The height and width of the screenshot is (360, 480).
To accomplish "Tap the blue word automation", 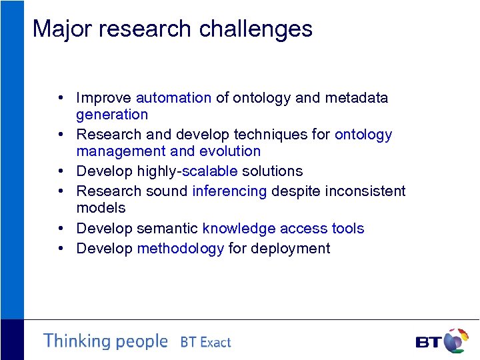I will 173,98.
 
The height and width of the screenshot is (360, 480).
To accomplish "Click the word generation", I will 112,115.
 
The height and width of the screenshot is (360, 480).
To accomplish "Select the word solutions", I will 272,171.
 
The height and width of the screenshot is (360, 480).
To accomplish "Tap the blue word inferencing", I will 229,191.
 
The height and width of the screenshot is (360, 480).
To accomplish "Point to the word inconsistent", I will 365,191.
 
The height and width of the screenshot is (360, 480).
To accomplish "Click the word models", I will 101,208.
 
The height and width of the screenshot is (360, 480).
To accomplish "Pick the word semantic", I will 167,229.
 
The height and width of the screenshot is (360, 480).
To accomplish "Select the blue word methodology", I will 180,249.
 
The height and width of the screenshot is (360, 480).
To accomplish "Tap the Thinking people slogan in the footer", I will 105,341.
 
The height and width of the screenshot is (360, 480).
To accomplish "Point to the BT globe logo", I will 455,341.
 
